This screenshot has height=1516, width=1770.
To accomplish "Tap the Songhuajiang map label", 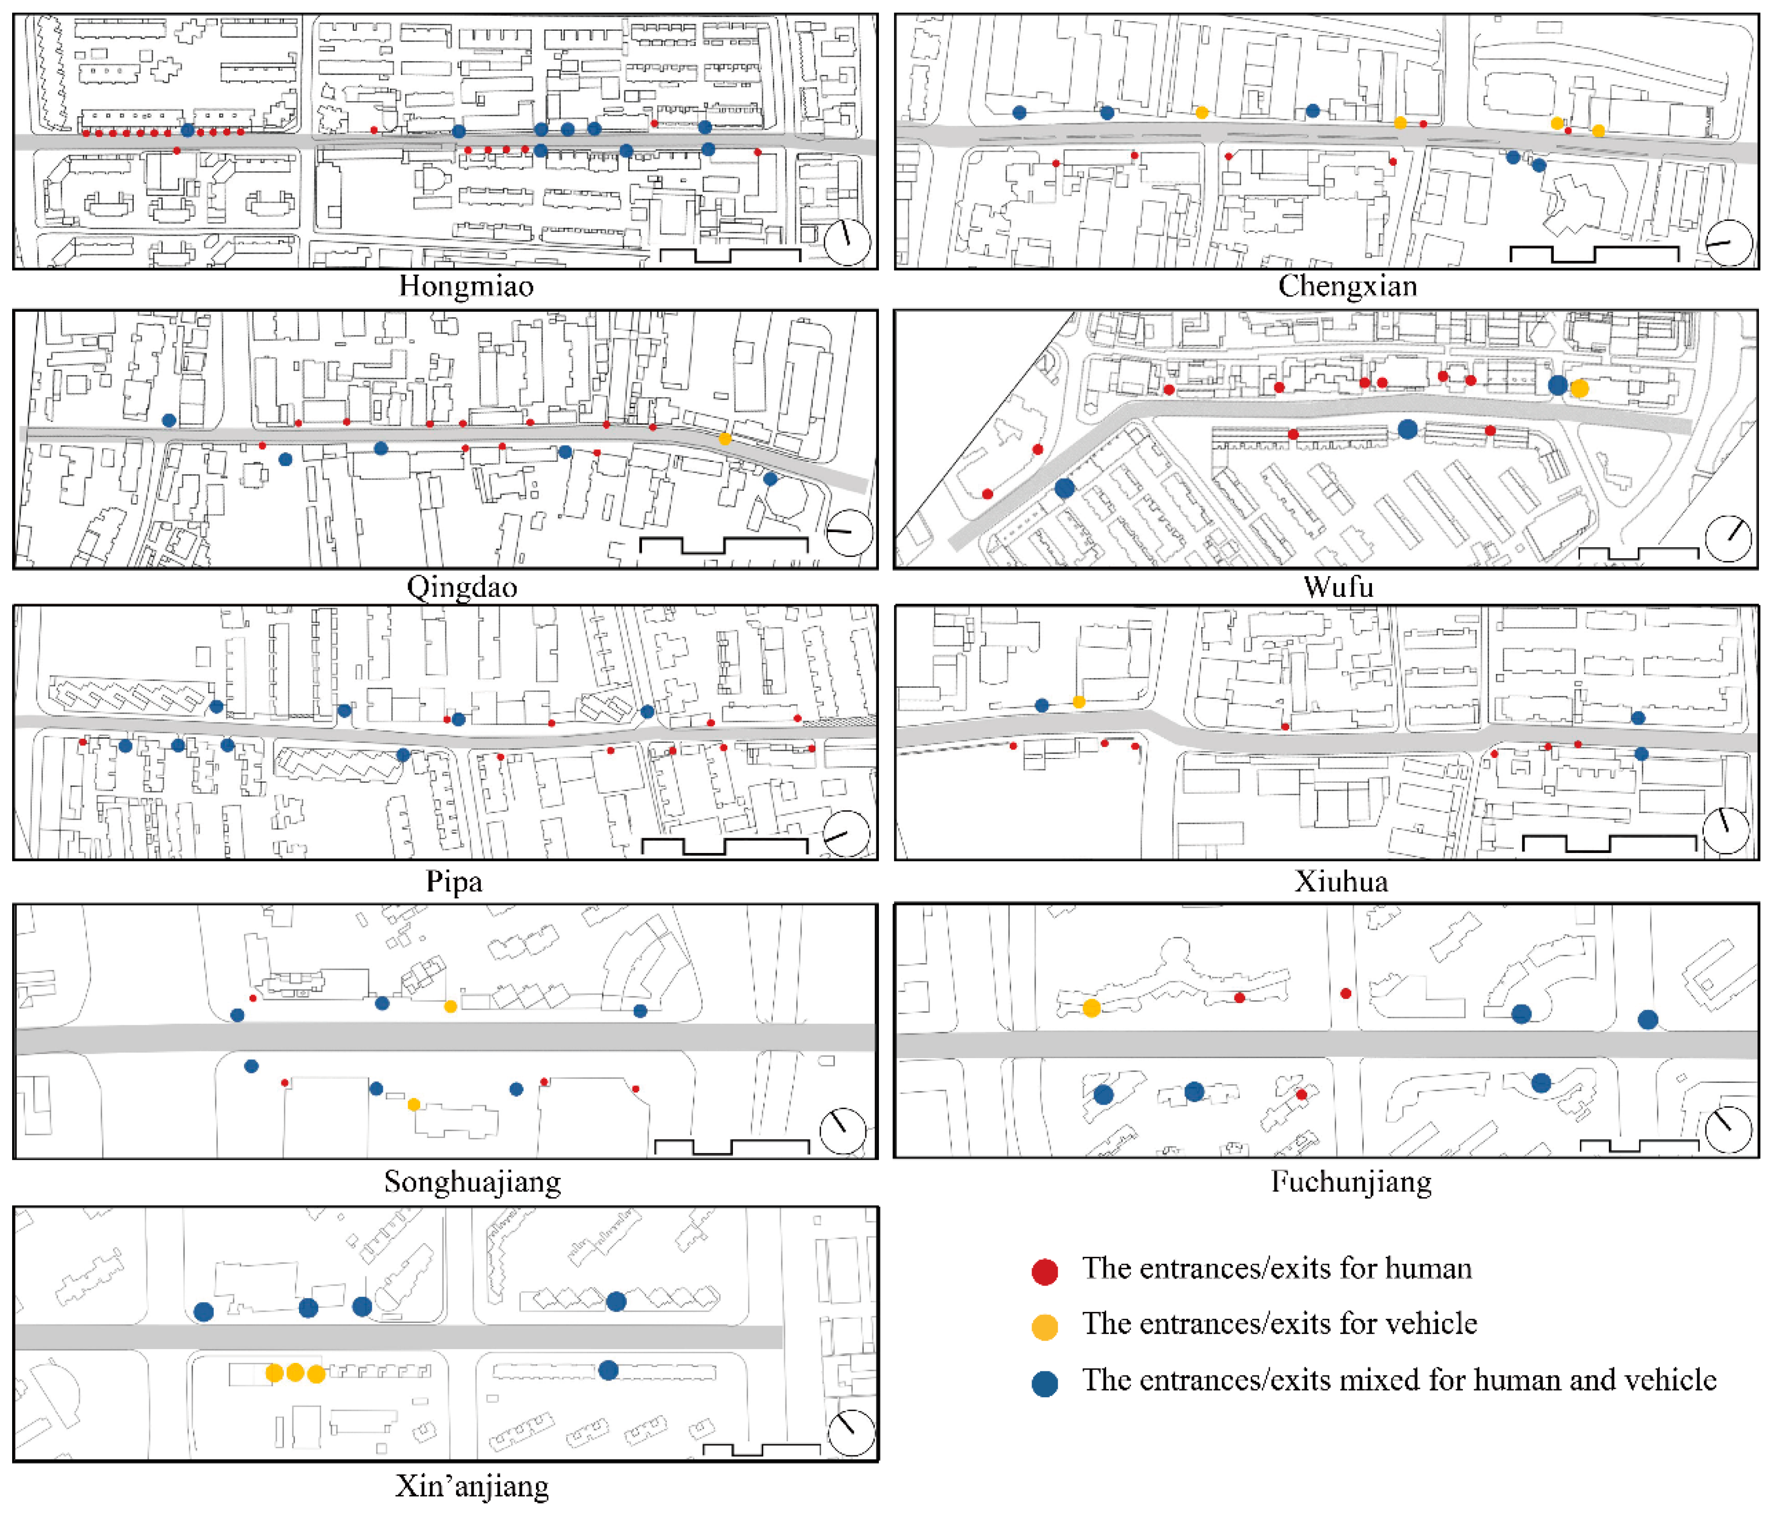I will [472, 1182].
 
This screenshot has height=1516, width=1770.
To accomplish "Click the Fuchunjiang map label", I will [1351, 1182].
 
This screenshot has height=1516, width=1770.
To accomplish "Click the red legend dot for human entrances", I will [1045, 1271].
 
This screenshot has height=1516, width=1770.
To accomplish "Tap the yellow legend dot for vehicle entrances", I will [1045, 1326].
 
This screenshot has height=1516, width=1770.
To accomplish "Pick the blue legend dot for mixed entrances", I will [1045, 1384].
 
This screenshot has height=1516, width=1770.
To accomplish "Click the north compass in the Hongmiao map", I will [847, 242].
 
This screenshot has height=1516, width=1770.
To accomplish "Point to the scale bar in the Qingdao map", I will [723, 545].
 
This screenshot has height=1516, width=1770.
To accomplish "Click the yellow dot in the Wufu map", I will [1579, 389].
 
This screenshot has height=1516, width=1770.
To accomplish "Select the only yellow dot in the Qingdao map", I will [724, 439].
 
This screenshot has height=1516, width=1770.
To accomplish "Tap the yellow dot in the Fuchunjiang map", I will [1091, 1008].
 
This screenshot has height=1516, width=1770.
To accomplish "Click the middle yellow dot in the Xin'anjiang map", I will [294, 1372].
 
